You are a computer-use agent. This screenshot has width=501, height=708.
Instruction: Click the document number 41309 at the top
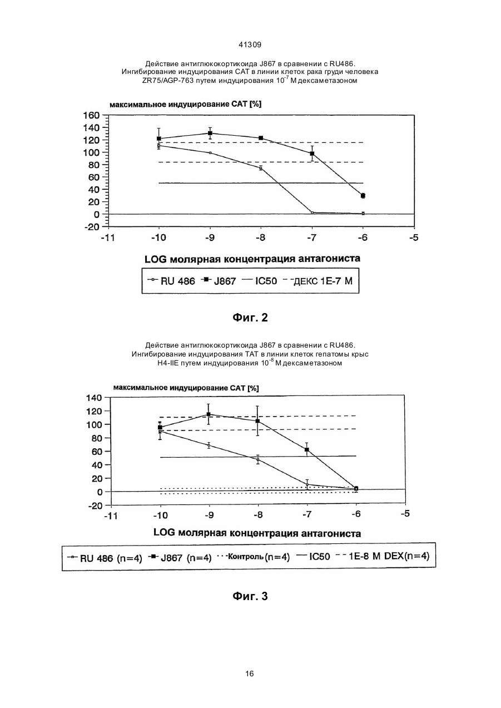(x=250, y=45)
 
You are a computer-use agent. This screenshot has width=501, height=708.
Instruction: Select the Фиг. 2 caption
(x=250, y=318)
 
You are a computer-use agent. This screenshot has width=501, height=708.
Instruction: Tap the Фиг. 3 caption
(x=250, y=596)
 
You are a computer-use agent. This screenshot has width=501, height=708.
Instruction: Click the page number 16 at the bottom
(x=250, y=674)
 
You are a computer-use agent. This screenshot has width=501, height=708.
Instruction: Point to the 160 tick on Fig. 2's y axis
(x=91, y=115)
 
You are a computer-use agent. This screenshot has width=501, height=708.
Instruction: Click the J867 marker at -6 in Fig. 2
(x=363, y=196)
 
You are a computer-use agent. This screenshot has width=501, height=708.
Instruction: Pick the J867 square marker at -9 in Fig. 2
(x=210, y=133)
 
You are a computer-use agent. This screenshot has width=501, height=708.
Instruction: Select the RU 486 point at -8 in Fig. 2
(x=261, y=169)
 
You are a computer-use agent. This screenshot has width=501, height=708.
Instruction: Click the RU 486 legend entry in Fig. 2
(x=171, y=281)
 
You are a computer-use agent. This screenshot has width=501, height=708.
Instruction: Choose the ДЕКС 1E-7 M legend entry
(x=318, y=281)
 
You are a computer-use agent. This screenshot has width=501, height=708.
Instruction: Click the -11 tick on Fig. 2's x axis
(x=108, y=237)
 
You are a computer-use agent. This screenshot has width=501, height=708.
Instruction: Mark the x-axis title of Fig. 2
(x=252, y=259)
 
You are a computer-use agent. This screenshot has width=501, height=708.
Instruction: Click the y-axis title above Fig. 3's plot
(x=186, y=388)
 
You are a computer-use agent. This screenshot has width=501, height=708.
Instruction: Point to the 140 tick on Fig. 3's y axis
(x=94, y=398)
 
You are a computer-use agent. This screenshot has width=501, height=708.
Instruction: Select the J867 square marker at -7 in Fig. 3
(x=306, y=449)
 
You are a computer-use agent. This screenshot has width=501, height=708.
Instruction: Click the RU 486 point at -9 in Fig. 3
(x=209, y=445)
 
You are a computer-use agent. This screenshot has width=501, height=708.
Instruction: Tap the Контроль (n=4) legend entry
(x=254, y=557)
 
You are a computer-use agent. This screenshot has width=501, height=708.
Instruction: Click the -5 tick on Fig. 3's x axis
(x=405, y=513)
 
